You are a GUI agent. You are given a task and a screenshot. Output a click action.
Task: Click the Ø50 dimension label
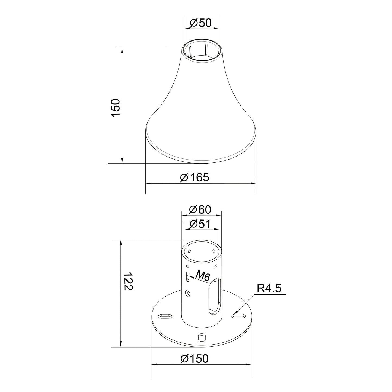point(201,23)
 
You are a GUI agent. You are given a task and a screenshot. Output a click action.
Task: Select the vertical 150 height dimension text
point(116,108)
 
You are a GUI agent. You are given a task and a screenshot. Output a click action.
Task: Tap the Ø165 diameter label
point(195,177)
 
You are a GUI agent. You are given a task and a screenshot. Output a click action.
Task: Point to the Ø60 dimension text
point(200,210)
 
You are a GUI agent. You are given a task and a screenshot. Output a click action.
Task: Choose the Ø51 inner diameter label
point(200,224)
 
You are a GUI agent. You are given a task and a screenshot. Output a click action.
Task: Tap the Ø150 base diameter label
point(195,359)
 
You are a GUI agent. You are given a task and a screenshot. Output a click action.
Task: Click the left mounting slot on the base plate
point(165,316)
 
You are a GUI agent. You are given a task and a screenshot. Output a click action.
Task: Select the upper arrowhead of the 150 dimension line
point(122,50)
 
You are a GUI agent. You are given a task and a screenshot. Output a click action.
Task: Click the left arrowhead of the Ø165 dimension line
point(148,183)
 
